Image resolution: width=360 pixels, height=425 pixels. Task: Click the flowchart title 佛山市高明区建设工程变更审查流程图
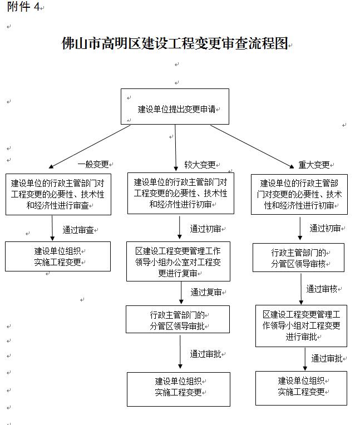[x=175, y=44]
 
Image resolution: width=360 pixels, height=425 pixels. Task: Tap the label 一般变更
[x=93, y=165]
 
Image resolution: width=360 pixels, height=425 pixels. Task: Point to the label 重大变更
[x=314, y=165]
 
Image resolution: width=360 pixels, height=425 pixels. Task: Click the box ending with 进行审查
[x=58, y=194]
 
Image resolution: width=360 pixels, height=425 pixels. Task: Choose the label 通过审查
[x=78, y=229]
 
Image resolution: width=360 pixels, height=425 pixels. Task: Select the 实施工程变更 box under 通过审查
[x=58, y=256]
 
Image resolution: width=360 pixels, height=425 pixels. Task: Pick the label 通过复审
[x=206, y=292]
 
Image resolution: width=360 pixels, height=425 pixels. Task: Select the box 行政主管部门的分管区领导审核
[x=298, y=258]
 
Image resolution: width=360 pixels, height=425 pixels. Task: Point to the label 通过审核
[x=322, y=289]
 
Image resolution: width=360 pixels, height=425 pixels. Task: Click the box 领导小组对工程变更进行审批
[x=301, y=325]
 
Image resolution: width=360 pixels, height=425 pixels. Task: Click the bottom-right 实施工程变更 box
[x=301, y=387]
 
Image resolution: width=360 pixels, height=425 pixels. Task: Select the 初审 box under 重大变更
[x=299, y=194]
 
